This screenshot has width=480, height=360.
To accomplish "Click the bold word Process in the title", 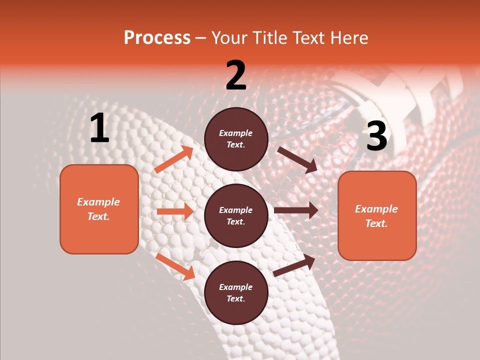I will [157, 38].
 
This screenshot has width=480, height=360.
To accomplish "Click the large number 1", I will [99, 128].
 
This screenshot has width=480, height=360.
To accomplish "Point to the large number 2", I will [236, 75].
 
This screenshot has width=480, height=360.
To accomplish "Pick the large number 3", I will [376, 136].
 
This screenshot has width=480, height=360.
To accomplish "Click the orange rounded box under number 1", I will [99, 209].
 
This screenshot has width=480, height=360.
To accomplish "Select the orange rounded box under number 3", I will [377, 215].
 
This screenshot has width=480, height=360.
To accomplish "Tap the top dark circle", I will [236, 139].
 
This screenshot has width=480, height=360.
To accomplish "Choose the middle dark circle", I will [236, 215].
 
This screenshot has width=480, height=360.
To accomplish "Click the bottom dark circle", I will [236, 292].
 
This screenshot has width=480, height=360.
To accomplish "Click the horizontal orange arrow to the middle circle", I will [175, 211].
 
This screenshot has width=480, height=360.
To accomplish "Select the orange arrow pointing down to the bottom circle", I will [175, 266].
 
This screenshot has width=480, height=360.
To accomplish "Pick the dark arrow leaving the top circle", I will [297, 160].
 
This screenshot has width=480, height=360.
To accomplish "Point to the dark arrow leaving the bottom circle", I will [294, 265].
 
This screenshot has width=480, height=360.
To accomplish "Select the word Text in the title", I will [308, 38].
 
